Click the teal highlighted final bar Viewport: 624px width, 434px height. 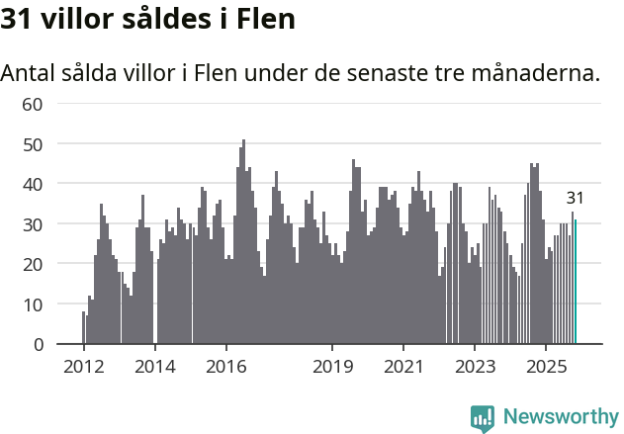tap(576, 283)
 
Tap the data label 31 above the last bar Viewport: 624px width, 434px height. tap(576, 198)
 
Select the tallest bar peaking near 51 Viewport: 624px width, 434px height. tap(244, 242)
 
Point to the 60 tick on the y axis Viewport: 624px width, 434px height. tap(32, 104)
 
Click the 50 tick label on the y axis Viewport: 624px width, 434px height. tap(32, 144)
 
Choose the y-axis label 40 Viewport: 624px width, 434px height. tap(32, 184)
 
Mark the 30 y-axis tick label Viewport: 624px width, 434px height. tap(32, 224)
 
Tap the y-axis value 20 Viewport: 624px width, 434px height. tap(32, 264)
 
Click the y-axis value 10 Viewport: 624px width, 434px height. tap(32, 304)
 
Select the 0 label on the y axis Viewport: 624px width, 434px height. tap(38, 345)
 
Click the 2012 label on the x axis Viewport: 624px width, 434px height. tap(83, 368)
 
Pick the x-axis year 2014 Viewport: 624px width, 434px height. tap(154, 368)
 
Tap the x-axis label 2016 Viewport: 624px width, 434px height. tap(226, 368)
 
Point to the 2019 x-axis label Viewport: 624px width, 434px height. tap(333, 368)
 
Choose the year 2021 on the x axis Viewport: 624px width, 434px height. tap(403, 368)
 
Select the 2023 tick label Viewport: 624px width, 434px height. tap(475, 368)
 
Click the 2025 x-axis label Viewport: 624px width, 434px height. tap(546, 368)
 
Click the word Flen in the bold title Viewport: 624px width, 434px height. tap(265, 20)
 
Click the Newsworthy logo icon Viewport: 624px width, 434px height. tap(483, 417)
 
